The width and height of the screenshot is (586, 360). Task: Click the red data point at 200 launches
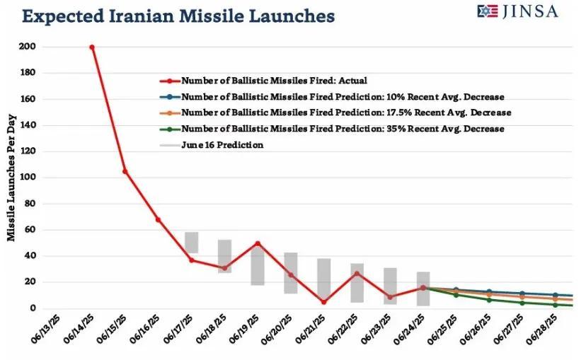(x=92, y=47)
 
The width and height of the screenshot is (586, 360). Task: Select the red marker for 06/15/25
(x=125, y=171)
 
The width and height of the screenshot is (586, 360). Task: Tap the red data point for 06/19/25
(x=258, y=243)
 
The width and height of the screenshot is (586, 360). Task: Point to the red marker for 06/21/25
(x=323, y=302)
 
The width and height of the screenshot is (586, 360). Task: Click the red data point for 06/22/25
(x=357, y=273)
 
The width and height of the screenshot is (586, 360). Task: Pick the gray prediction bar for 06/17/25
(x=191, y=243)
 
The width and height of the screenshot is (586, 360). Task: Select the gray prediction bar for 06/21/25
(x=323, y=279)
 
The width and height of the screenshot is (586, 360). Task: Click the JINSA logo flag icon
(x=488, y=11)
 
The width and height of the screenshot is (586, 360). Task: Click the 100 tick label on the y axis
(x=29, y=178)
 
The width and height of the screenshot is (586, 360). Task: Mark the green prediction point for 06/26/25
(x=489, y=300)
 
